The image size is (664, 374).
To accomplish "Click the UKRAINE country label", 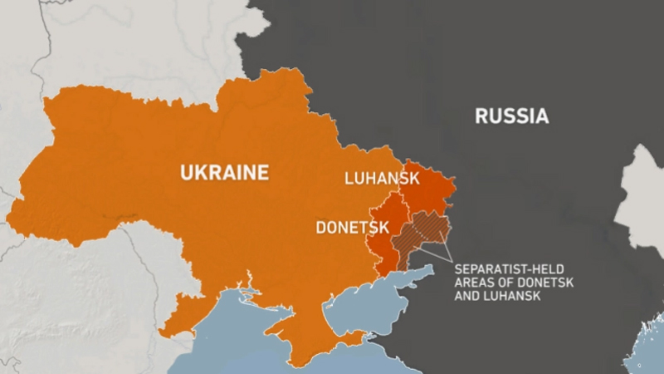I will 225,173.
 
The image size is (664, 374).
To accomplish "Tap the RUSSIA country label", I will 511,116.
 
